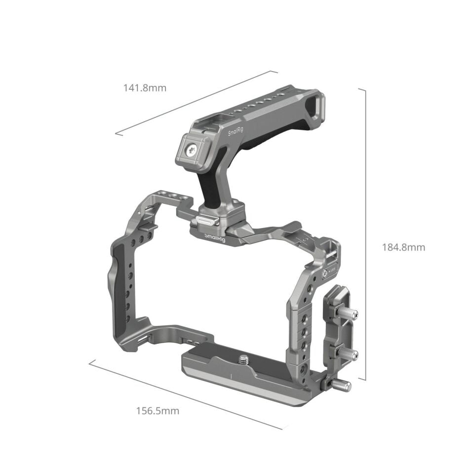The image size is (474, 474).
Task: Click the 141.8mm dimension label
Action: pyautogui.click(x=145, y=88)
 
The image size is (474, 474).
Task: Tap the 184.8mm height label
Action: pyautogui.click(x=403, y=247)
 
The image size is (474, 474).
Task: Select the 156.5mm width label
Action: pyautogui.click(x=158, y=410)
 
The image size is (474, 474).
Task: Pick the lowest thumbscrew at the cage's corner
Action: pyautogui.click(x=341, y=385)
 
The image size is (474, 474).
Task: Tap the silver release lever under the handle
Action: pyautogui.click(x=203, y=221)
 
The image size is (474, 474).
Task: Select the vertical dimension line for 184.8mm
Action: pyautogui.click(x=365, y=235)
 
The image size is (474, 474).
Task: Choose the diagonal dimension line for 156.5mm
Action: pyautogui.click(x=188, y=395)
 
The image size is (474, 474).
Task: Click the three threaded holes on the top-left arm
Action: pyautogui.click(x=173, y=197)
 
